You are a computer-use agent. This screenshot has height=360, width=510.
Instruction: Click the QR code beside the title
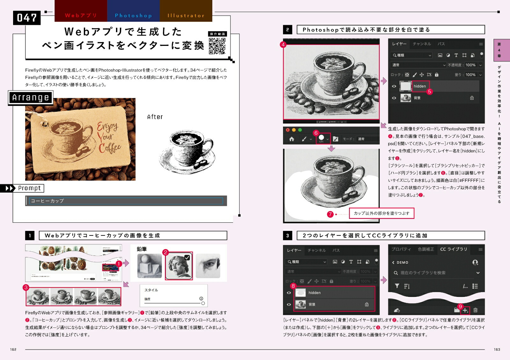(217, 46)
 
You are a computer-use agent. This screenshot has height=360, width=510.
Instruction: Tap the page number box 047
(27, 18)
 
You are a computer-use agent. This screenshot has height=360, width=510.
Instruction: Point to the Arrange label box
(31, 97)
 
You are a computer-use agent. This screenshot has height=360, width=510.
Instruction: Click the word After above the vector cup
(155, 117)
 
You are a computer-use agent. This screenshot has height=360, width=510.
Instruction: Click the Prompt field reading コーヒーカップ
(126, 201)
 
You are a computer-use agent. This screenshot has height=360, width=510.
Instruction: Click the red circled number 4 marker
(283, 45)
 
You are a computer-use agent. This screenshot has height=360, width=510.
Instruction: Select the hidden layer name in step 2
(420, 86)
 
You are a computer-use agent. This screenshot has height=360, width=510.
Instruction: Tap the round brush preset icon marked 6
(321, 138)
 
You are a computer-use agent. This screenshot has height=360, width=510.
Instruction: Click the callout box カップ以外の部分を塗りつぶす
(382, 213)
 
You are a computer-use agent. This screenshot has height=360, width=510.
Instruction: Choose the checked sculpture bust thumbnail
(179, 266)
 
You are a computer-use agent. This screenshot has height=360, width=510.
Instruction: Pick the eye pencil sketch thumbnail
(208, 266)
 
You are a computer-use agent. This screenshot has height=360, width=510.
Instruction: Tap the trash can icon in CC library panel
(475, 310)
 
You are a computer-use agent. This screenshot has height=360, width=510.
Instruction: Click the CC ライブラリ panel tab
(453, 249)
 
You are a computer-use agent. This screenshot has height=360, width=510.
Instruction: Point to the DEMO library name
(402, 263)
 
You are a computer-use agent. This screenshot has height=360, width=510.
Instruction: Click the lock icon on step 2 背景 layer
(472, 98)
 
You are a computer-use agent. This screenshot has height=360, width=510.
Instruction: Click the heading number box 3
(288, 236)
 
